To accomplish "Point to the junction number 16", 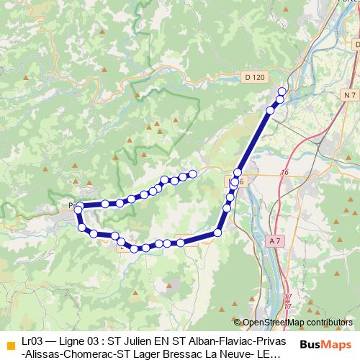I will (285, 173).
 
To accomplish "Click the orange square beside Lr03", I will (10, 344).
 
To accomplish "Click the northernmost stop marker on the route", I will (282, 91).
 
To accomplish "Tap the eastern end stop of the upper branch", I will (193, 174).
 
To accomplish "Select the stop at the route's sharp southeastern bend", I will (217, 233).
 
